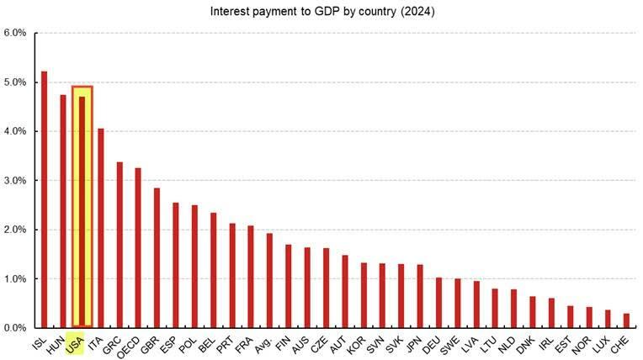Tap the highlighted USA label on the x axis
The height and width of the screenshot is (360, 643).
coord(75,343)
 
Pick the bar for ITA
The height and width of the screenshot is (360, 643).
coord(100,228)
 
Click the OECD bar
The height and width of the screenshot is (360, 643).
coord(138,247)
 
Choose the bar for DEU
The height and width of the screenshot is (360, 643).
coord(438,302)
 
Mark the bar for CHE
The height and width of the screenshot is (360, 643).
coord(626,320)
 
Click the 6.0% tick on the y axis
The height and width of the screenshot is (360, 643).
coord(15,34)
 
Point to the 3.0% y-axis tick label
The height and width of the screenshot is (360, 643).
coord(15,181)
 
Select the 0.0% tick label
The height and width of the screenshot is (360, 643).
coord(15,328)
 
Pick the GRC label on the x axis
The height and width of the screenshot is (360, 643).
coord(114,343)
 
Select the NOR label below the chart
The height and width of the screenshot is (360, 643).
coord(584,343)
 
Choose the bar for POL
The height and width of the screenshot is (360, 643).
coord(194,266)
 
